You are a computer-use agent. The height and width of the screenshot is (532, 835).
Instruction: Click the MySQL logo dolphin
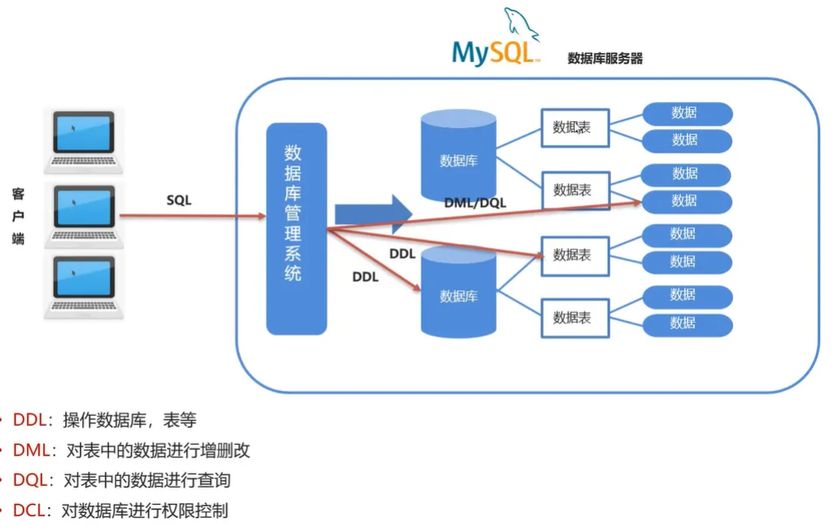[x=520, y=25]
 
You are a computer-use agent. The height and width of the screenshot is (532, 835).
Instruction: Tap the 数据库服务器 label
[x=604, y=58]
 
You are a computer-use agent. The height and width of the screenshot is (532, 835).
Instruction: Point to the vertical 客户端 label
[x=18, y=217]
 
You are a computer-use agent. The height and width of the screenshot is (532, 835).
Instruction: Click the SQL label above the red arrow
[x=179, y=200]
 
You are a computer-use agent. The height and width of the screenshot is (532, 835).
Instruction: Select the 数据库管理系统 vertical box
[x=296, y=228]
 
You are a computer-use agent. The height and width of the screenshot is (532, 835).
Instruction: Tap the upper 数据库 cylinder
[x=458, y=156]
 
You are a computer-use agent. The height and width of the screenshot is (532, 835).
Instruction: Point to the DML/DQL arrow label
[x=475, y=202]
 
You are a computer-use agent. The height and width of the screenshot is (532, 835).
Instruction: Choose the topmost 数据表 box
[x=574, y=128]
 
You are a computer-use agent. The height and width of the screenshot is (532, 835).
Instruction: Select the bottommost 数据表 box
[x=574, y=317]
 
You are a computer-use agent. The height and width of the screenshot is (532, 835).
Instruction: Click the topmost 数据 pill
[x=686, y=113]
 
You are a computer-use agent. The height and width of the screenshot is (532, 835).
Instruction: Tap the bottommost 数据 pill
[x=686, y=324]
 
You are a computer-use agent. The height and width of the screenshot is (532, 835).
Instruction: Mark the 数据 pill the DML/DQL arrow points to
[x=686, y=201]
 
